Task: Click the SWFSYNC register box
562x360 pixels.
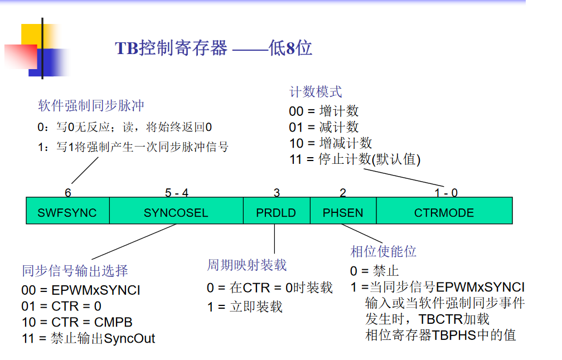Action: [67, 212]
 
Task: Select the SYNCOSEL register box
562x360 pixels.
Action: [176, 212]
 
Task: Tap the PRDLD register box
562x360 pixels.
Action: [276, 212]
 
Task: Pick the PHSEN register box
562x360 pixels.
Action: [343, 212]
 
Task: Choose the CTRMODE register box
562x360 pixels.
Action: [444, 212]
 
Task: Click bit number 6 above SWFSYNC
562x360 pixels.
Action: [68, 193]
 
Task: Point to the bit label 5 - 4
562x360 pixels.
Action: [177, 193]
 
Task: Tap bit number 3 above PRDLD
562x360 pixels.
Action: [277, 193]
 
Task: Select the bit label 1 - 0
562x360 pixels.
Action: [446, 193]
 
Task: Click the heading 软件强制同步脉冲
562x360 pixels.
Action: [91, 106]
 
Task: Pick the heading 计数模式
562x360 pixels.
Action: [316, 92]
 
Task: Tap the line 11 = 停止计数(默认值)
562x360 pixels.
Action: [355, 159]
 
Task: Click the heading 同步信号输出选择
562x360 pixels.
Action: [75, 271]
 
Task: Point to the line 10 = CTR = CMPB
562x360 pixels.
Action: [77, 322]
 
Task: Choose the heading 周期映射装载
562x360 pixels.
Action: [247, 265]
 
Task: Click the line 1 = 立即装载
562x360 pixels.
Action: [245, 307]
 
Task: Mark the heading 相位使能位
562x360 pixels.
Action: [384, 252]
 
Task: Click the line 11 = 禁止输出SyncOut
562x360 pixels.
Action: [88, 338]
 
